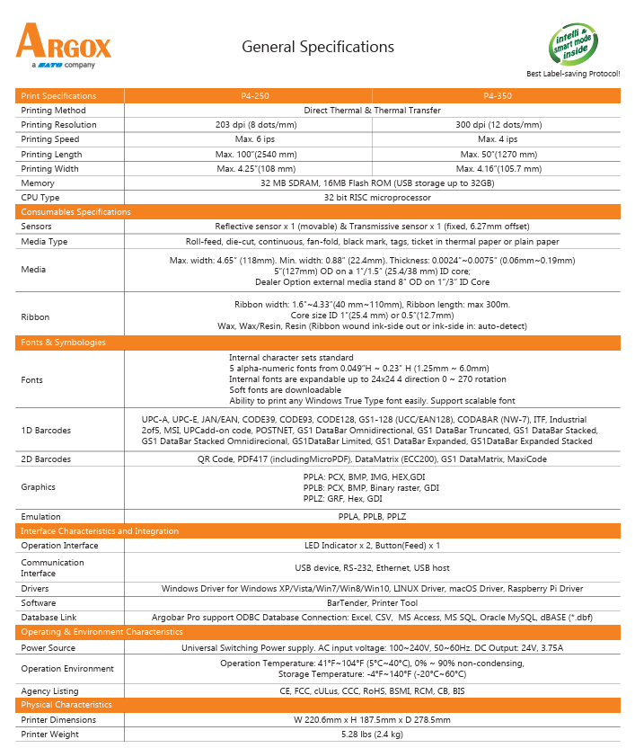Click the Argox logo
(63, 44)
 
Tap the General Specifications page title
(318, 47)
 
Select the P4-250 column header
(248, 95)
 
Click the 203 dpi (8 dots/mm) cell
(248, 125)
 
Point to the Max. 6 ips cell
(248, 139)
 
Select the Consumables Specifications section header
(75, 212)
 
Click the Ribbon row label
(35, 316)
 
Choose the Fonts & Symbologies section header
(63, 343)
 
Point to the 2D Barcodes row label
(46, 459)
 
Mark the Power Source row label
(49, 647)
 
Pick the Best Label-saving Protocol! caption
(572, 74)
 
